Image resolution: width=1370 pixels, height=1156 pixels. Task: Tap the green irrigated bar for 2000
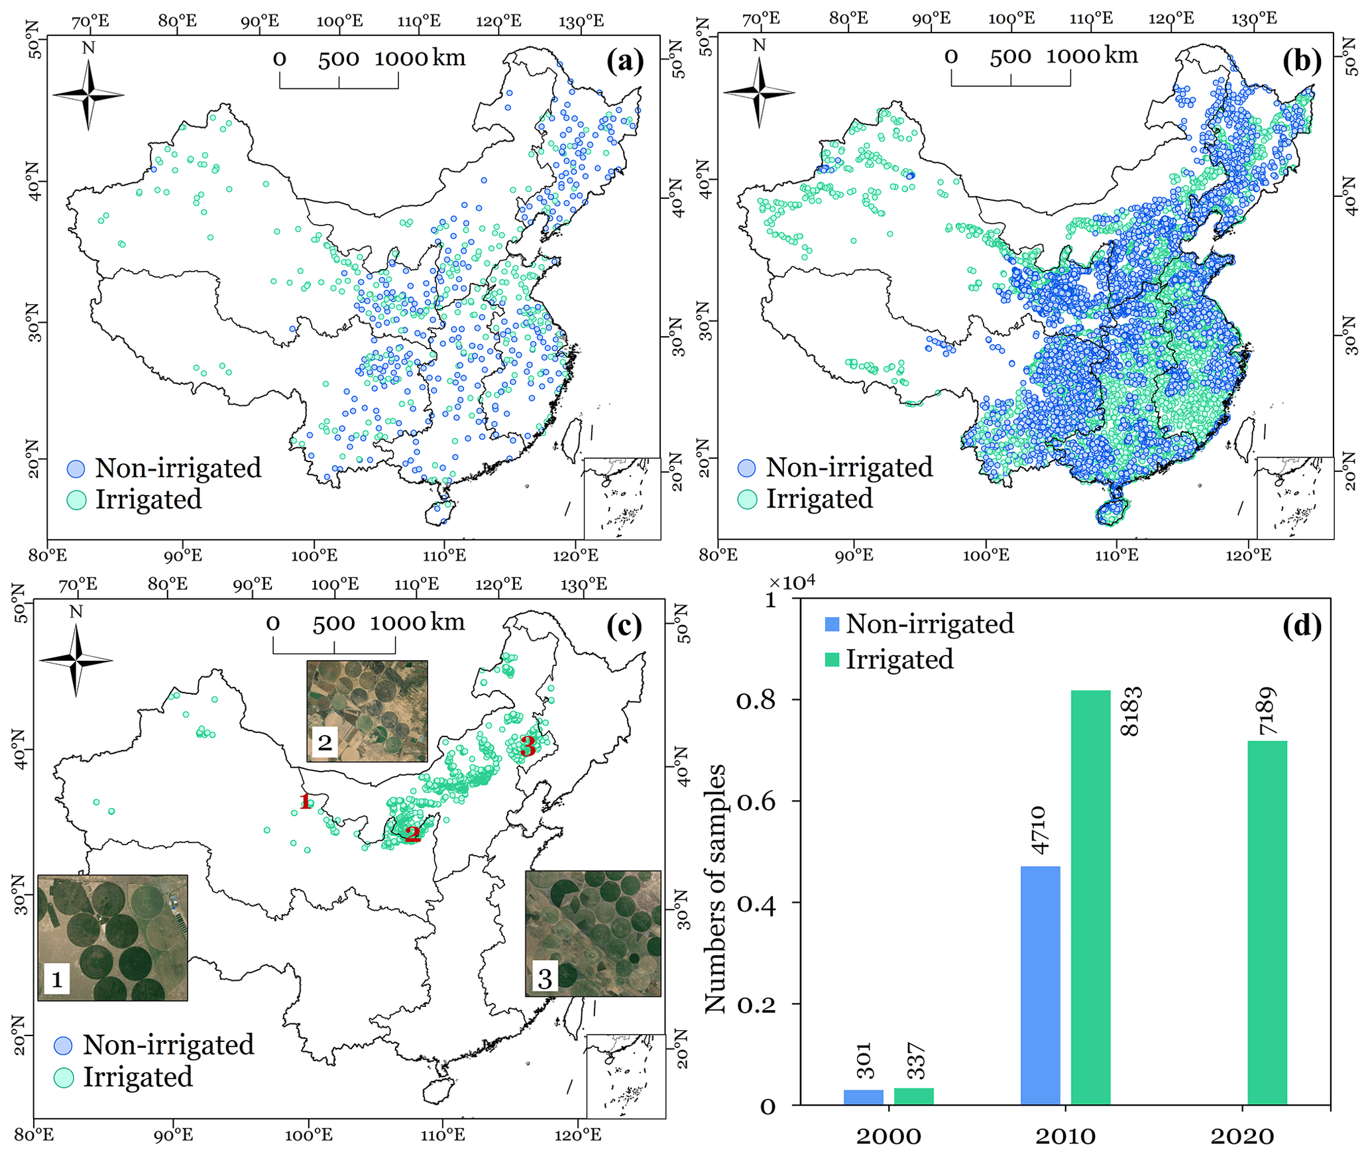[913, 1096]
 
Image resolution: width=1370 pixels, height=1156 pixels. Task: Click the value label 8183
[1131, 711]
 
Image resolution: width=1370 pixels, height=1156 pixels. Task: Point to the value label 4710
[1039, 831]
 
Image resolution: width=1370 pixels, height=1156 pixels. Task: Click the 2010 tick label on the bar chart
[1065, 1136]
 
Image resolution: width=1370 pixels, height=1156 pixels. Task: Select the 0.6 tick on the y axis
[756, 801]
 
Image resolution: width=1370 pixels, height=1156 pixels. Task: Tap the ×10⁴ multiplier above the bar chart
[792, 583]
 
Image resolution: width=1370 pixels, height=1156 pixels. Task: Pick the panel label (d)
[1302, 625]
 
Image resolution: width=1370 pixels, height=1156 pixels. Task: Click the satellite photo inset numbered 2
[367, 711]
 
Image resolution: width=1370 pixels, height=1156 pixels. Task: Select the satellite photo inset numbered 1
[113, 937]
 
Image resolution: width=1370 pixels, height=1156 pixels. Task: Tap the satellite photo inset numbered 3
[593, 933]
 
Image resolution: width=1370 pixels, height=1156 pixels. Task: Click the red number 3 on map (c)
[528, 746]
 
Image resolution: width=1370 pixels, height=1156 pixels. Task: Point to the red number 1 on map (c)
[305, 801]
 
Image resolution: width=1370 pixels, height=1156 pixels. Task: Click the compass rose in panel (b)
[760, 92]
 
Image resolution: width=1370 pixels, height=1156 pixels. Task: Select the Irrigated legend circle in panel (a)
[77, 500]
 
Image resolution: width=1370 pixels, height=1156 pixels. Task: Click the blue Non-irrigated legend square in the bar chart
[832, 624]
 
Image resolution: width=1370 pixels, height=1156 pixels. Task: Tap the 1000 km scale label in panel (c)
[417, 622]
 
